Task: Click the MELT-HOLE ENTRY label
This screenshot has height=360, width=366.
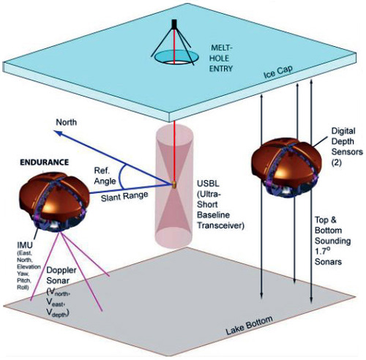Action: (x=220, y=58)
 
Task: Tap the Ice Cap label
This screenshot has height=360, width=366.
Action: (x=278, y=72)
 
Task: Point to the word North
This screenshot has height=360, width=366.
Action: (x=66, y=122)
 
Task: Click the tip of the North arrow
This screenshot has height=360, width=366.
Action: (x=54, y=131)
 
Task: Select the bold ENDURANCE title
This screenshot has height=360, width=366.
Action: (x=44, y=162)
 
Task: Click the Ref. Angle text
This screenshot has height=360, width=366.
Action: (x=105, y=176)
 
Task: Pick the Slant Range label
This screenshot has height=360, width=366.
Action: (x=124, y=196)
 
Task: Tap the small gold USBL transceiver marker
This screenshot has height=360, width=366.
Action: (x=174, y=184)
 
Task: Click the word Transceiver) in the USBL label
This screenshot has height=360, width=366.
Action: (x=220, y=225)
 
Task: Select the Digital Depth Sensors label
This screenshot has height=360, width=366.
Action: (x=347, y=146)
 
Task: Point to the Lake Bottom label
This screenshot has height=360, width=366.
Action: (x=249, y=326)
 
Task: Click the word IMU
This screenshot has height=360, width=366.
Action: (x=25, y=244)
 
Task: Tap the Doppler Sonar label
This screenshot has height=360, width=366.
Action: (x=58, y=275)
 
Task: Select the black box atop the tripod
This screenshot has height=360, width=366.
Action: (x=174, y=24)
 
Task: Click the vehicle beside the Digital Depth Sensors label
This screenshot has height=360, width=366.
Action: (x=286, y=168)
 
